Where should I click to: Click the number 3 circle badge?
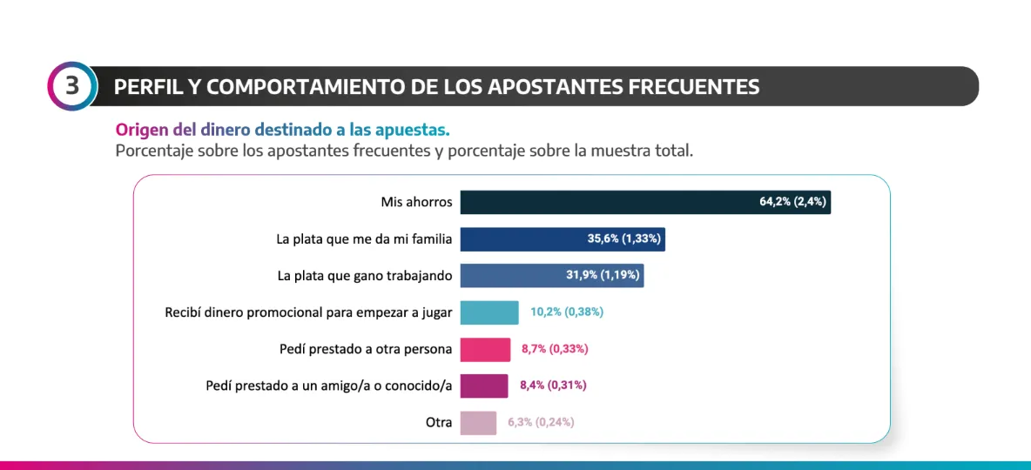point(71,86)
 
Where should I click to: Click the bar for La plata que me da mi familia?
point(522,239)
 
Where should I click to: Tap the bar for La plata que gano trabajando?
point(514,276)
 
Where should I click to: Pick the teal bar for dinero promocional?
point(489,312)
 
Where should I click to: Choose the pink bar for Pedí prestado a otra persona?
point(485,349)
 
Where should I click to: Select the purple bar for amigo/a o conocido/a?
point(483,386)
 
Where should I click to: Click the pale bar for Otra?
point(478,422)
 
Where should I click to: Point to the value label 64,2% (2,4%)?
point(792,202)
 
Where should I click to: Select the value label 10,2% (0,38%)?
point(567,312)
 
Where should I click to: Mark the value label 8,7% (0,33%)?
point(555,349)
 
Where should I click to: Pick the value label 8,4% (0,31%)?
point(553,386)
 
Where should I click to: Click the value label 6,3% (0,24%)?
point(541,422)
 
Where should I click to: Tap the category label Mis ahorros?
point(416,202)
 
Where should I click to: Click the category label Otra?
point(439,422)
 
